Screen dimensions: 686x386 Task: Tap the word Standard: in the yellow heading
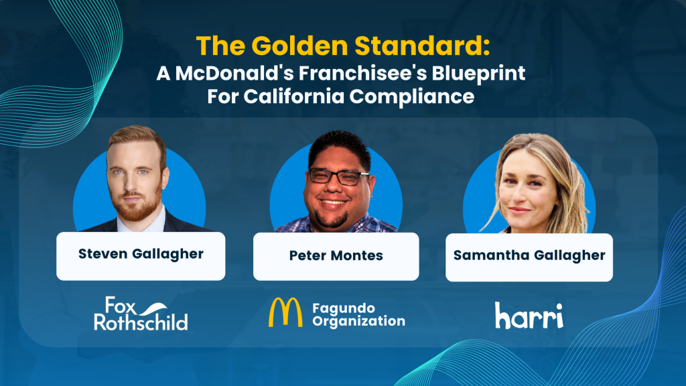click(x=422, y=46)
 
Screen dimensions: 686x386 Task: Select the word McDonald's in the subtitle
click(x=234, y=74)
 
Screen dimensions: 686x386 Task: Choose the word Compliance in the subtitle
click(x=412, y=97)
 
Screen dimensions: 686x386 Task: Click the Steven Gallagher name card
click(x=141, y=256)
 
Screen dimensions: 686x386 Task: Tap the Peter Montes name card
click(x=336, y=257)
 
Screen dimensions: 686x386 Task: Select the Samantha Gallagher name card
click(x=529, y=257)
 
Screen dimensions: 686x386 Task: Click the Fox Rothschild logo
click(x=141, y=314)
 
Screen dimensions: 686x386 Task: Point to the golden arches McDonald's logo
click(x=285, y=312)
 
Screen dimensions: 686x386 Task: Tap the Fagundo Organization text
click(x=359, y=315)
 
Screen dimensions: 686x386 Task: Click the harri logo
click(x=529, y=315)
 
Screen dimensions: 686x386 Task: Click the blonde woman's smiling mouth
click(x=520, y=211)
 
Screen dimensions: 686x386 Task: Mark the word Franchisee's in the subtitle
click(x=363, y=74)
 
